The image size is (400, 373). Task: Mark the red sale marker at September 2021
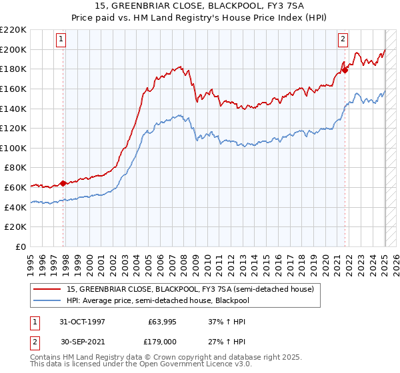pyautogui.click(x=345, y=70)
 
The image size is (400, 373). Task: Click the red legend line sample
pyautogui.click(x=48, y=288)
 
